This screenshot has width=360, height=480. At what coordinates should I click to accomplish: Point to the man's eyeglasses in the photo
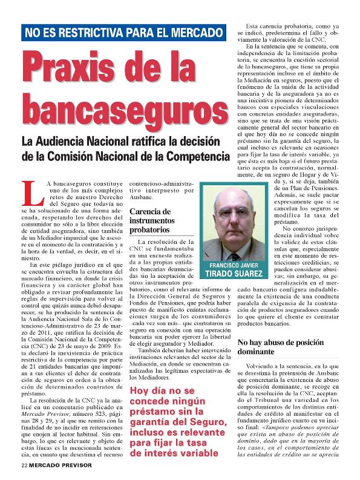[233, 212]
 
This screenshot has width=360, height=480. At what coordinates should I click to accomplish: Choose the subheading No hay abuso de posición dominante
[274, 347]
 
